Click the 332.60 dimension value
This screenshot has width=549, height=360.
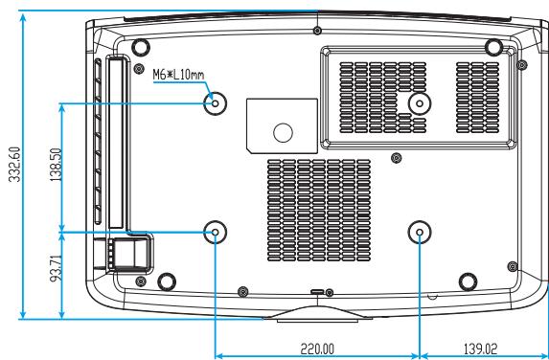point(15,164)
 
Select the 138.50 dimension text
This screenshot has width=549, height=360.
point(56,165)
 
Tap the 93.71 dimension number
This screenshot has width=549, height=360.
point(56,268)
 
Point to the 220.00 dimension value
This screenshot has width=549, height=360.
point(317,349)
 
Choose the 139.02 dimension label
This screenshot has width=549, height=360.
point(480,349)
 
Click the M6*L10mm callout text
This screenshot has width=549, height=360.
point(178,75)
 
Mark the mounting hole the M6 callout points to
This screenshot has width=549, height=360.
point(215,103)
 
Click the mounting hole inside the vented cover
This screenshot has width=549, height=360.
point(420,102)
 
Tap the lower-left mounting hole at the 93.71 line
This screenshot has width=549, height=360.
point(215,232)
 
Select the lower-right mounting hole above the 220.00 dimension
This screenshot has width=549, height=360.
point(420,232)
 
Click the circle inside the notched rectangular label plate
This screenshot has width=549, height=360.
point(283,132)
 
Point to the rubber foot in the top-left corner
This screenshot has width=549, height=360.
point(141,47)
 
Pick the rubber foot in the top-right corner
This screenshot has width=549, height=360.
point(494,47)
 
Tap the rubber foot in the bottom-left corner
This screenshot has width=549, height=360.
point(167,281)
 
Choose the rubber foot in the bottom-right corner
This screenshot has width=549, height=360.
point(468,281)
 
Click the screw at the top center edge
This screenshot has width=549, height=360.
point(317,31)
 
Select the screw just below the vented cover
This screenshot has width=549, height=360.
point(396,158)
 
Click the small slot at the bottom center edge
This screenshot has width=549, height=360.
point(318,291)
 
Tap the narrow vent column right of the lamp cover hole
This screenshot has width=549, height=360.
point(477,98)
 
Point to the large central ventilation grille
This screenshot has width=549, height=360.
point(319,211)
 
